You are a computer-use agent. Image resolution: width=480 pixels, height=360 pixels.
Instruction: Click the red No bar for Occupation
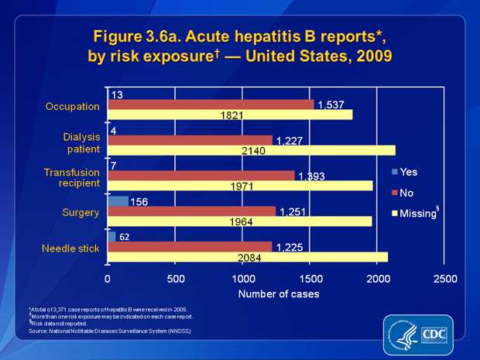click(211, 105)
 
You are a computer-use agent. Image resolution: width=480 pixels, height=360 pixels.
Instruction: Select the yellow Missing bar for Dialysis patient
click(251, 150)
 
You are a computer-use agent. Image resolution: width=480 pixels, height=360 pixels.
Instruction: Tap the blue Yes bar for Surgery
click(118, 201)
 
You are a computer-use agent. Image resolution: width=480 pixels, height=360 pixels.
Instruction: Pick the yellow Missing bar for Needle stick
click(247, 257)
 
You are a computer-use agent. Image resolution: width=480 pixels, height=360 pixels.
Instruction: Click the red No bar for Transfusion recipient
click(201, 176)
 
